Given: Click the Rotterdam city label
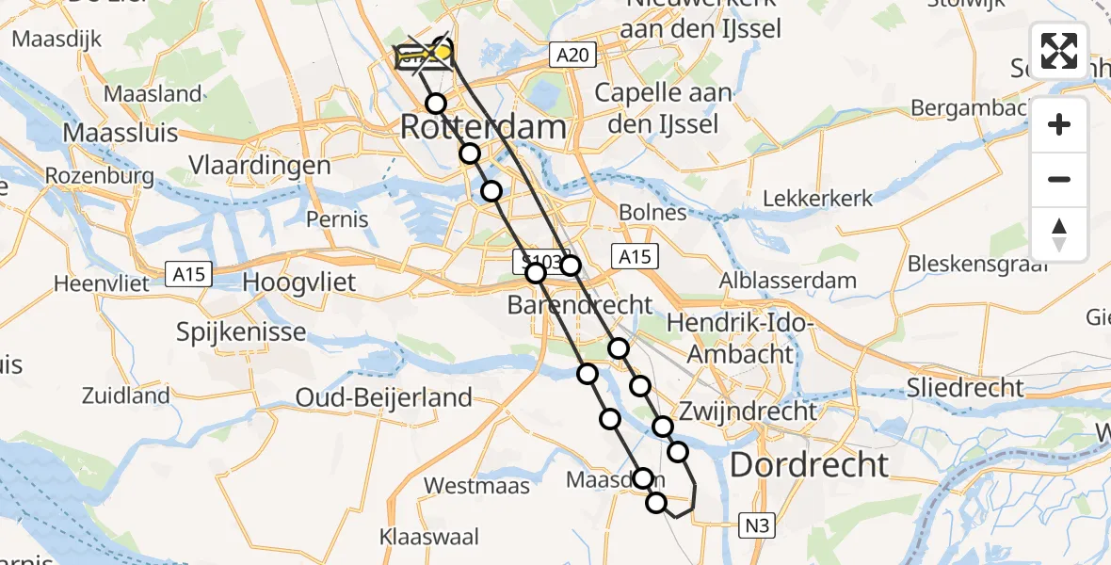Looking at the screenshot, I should pos(484,126).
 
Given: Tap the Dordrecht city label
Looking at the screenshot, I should pos(809,463).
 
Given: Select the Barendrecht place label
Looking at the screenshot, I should pos(579,305).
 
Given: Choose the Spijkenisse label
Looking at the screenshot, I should pos(242,331).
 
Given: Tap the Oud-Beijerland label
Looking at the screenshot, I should pos(384,397).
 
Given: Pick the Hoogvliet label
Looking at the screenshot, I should pos(299,282).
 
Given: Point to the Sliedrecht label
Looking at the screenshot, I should pos(965,387).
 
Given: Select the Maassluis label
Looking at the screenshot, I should pos(121,133).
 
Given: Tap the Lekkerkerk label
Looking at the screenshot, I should pos(817,199).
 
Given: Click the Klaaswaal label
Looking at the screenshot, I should pos(429,538).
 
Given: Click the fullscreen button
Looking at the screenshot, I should pos(1059,51).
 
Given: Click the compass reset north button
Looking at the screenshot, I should pos(1059,234).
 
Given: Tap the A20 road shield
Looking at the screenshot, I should pos(572,56).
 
